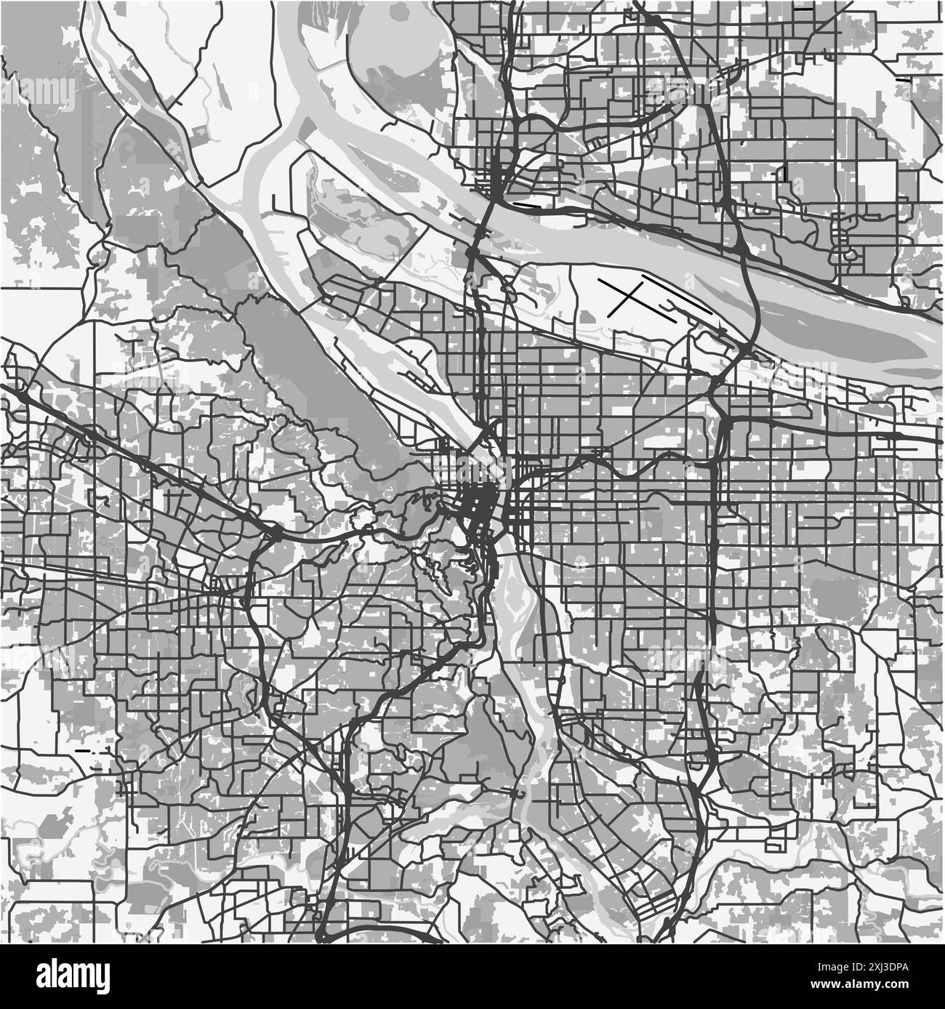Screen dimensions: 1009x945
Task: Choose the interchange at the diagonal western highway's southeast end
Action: (275, 535)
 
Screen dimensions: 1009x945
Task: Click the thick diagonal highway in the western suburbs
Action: (145, 458)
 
